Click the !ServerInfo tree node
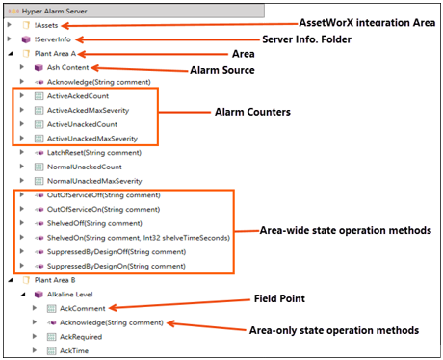click(54, 39)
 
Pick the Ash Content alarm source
click(68, 69)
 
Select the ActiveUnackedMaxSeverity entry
click(91, 139)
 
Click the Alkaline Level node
click(71, 294)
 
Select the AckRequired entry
click(82, 336)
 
